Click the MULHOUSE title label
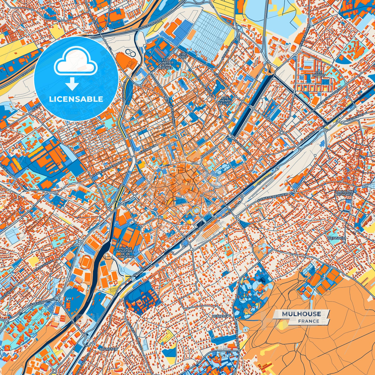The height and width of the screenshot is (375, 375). click(x=301, y=314)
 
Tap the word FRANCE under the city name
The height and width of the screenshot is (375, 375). click(x=309, y=321)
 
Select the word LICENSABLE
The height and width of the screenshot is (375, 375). click(x=76, y=99)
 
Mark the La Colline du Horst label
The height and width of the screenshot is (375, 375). click(x=344, y=193)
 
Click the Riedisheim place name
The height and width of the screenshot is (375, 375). click(x=337, y=238)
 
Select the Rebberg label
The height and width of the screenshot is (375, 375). click(x=220, y=316)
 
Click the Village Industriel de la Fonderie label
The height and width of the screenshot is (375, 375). click(x=125, y=252)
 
